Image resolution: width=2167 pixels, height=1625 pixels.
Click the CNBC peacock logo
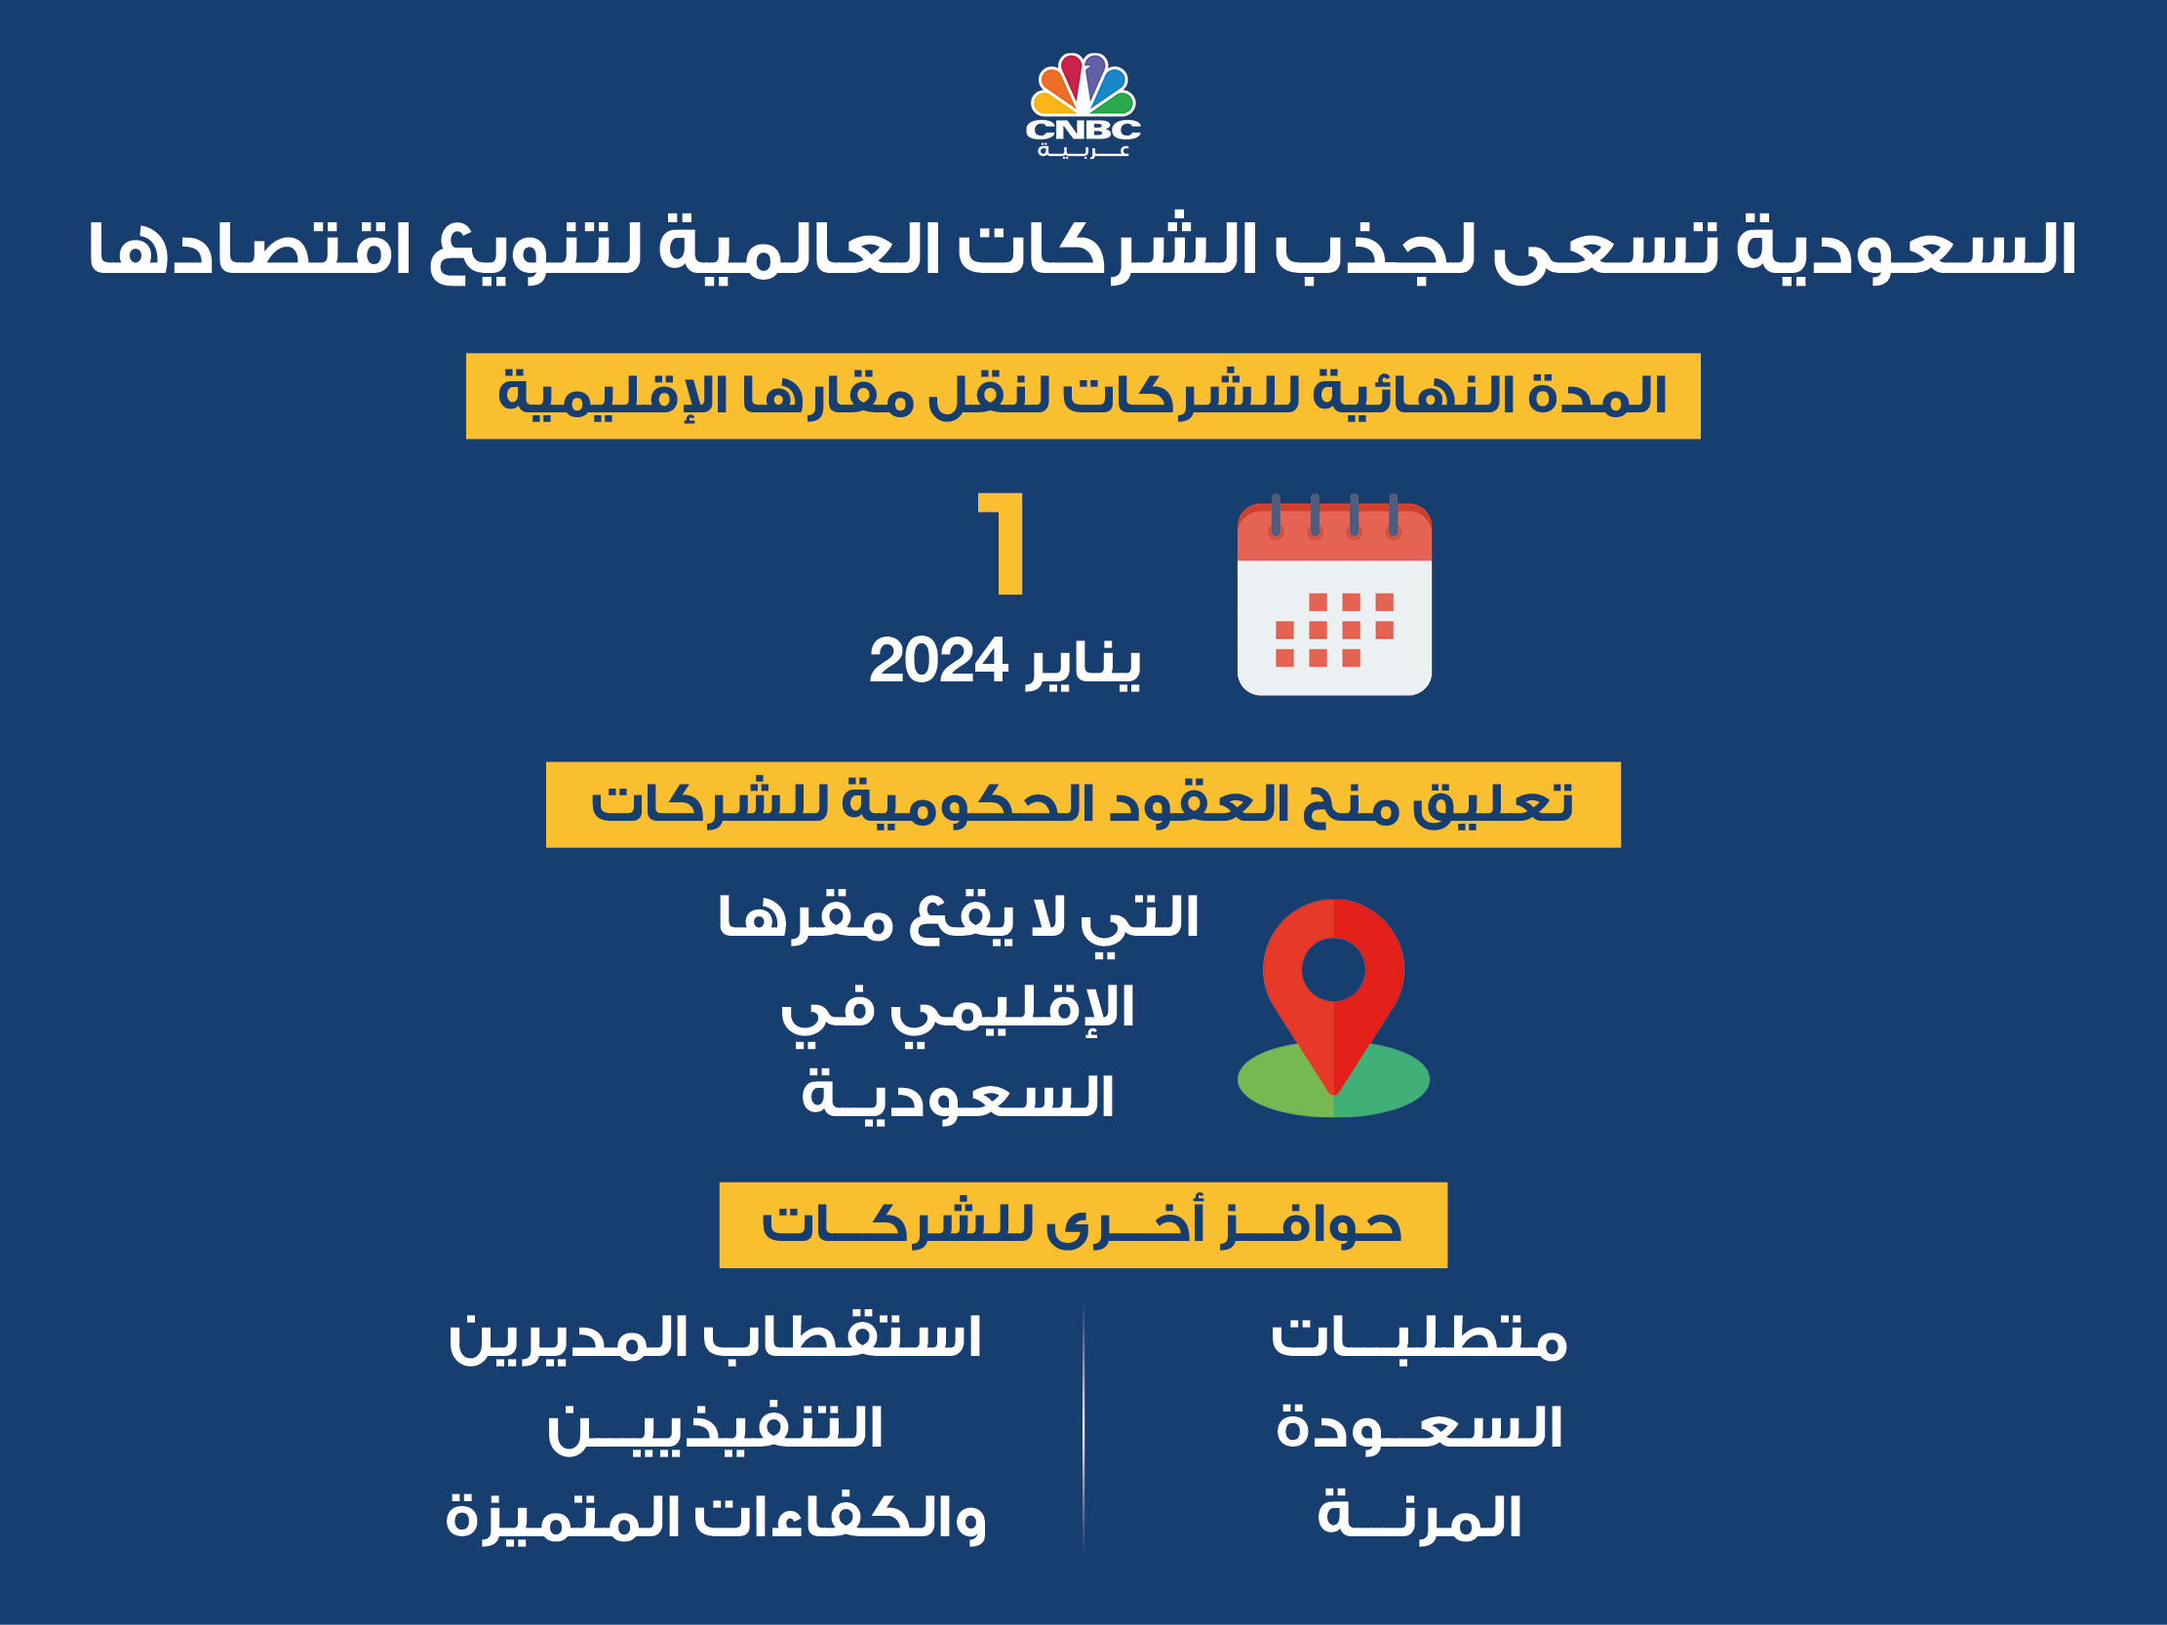[1083, 88]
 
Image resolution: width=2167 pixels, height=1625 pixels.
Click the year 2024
[937, 662]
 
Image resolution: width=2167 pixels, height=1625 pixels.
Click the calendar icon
[1334, 600]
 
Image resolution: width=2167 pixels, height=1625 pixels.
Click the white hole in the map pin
[1333, 970]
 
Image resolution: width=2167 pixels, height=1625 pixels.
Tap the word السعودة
[1419, 1428]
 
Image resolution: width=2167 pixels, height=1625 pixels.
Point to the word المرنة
[1419, 1517]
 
